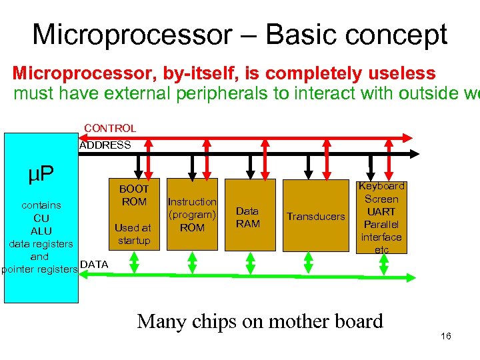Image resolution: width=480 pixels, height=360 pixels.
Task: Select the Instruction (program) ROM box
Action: click(192, 215)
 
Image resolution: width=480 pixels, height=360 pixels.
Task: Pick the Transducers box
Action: click(315, 216)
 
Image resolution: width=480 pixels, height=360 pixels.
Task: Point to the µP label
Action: click(41, 175)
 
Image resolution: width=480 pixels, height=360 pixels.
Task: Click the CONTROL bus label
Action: click(110, 128)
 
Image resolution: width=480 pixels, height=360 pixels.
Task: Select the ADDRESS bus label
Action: click(105, 145)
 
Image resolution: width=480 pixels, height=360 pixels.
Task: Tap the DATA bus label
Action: click(94, 265)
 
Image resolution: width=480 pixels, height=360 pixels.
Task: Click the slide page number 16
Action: click(446, 336)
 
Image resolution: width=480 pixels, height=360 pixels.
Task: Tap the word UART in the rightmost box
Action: click(381, 211)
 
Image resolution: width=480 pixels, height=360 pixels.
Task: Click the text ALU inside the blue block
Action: click(41, 231)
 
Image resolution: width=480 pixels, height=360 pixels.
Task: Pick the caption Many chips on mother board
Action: click(260, 321)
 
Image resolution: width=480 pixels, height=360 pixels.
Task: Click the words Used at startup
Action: click(133, 234)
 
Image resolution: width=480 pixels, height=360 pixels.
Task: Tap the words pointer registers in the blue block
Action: click(39, 269)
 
